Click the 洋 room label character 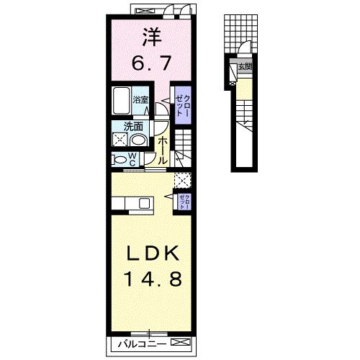point(150,35)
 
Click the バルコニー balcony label point(140,344)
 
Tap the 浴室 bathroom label point(140,99)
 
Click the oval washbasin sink point(139,140)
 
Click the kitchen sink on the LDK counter point(146,202)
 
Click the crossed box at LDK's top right point(184,180)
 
